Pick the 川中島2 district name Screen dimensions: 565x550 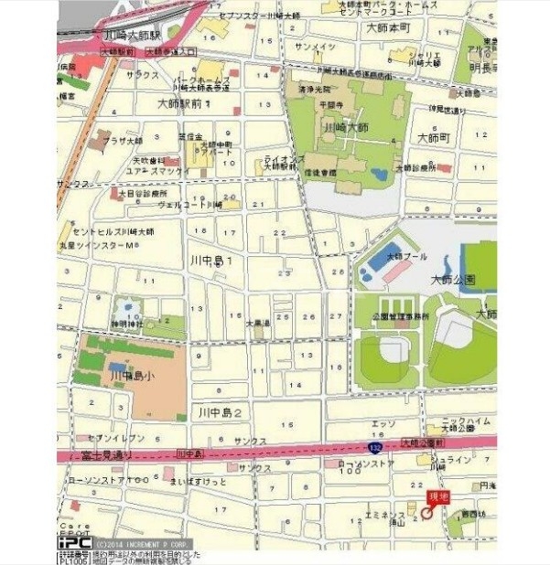(x=220, y=414)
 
